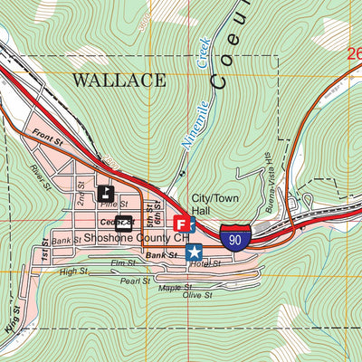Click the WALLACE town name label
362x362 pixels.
pyautogui.click(x=119, y=80)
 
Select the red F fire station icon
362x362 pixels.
pyautogui.click(x=181, y=223)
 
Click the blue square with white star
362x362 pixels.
pyautogui.click(x=194, y=252)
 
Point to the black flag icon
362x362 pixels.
pyautogui.click(x=105, y=193)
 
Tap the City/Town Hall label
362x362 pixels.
pyautogui.click(x=212, y=205)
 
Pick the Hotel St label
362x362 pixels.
pyautogui.click(x=206, y=263)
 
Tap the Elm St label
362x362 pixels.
pyautogui.click(x=122, y=263)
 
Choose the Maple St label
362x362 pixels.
pyautogui.click(x=169, y=288)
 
